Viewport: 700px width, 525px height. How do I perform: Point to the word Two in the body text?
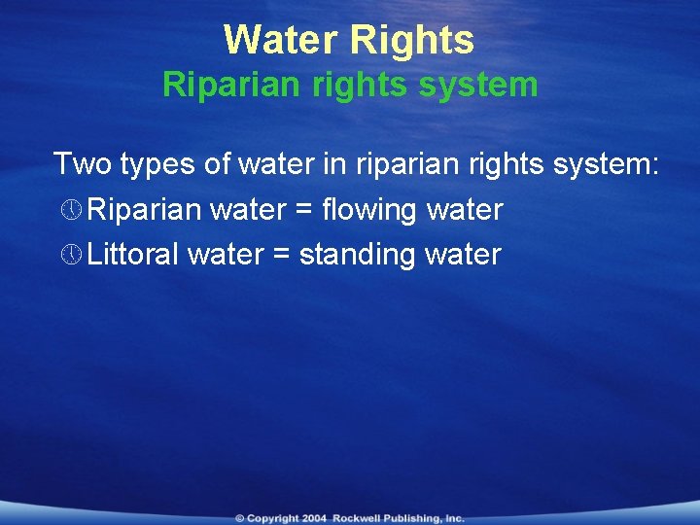pos(83,163)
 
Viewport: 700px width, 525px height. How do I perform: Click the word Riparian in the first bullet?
pos(141,209)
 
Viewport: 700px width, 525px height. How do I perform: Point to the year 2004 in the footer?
pos(314,518)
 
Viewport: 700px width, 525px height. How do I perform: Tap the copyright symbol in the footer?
pos(239,518)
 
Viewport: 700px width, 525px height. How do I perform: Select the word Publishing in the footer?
pos(416,518)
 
